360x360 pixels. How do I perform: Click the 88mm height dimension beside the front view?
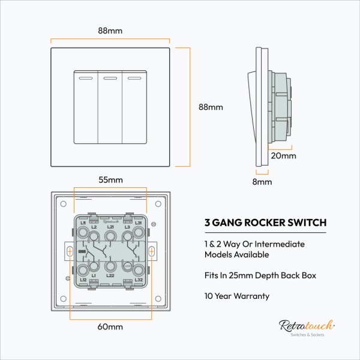(211, 107)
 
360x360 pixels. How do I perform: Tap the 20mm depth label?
(283, 156)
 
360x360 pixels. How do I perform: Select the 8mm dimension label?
(262, 181)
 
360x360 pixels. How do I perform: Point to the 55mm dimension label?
(111, 179)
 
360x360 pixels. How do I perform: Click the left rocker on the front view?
(85, 107)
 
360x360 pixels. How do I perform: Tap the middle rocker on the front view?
(110, 107)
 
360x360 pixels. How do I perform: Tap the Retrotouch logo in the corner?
(302, 327)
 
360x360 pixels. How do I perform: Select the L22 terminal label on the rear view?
(110, 275)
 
